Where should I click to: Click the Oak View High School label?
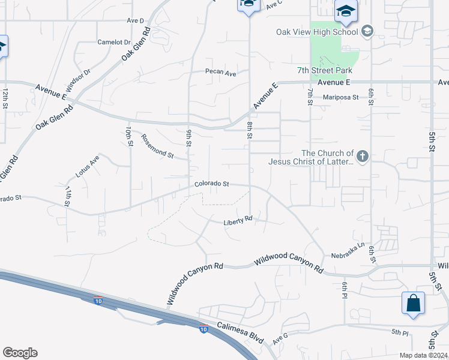point(317,32)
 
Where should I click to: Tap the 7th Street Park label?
point(324,70)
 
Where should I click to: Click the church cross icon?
point(361,157)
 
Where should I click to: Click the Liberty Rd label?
point(238,221)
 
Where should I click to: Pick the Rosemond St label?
point(157,147)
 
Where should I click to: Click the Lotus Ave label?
point(87,166)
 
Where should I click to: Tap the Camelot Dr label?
point(114,43)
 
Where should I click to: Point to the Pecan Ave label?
point(221,73)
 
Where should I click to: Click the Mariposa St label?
point(340,97)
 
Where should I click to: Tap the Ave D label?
point(136,20)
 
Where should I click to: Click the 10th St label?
point(128,137)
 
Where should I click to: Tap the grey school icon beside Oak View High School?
point(367,32)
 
